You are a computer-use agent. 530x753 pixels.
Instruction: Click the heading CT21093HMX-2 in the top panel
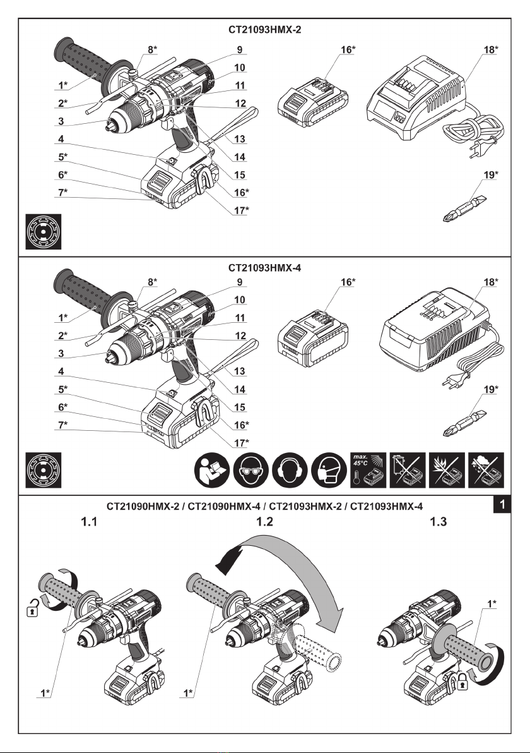pyautogui.click(x=265, y=29)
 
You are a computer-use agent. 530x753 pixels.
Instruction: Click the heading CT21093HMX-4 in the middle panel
pyautogui.click(x=265, y=267)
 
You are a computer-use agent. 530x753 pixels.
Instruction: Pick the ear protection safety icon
pyautogui.click(x=290, y=469)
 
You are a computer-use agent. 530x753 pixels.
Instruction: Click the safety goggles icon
pyautogui.click(x=251, y=469)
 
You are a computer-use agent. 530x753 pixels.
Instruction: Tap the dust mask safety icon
pyautogui.click(x=329, y=469)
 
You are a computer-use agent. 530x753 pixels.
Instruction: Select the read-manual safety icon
pyautogui.click(x=212, y=469)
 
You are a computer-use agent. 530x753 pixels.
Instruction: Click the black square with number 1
pyautogui.click(x=502, y=505)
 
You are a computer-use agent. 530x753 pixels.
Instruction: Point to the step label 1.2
pyautogui.click(x=264, y=522)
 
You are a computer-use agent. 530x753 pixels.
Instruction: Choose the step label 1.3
pyautogui.click(x=438, y=522)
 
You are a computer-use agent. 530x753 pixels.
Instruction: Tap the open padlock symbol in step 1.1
pyautogui.click(x=32, y=609)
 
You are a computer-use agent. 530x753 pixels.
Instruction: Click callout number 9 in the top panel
pyautogui.click(x=239, y=49)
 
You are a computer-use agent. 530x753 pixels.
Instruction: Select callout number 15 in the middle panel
pyautogui.click(x=239, y=407)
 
